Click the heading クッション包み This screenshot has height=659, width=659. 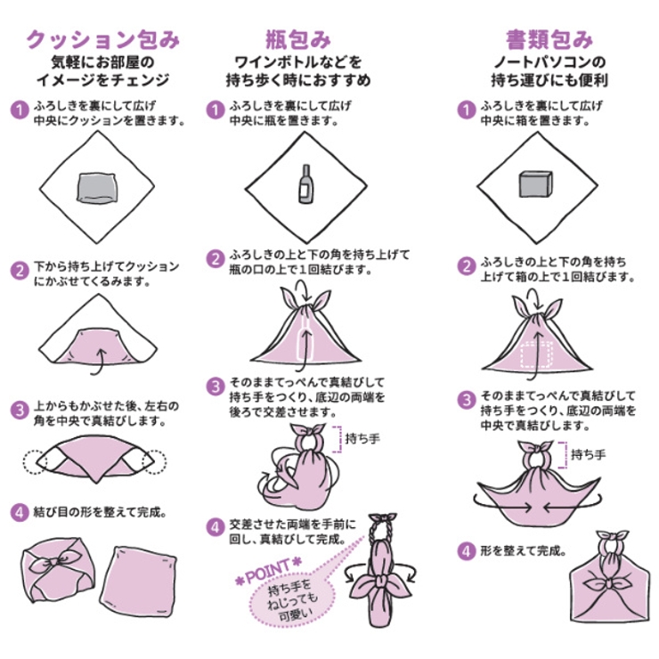pyautogui.click(x=103, y=39)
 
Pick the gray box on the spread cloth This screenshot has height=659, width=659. pyautogui.click(x=536, y=184)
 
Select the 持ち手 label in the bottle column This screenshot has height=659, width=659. pyautogui.click(x=363, y=438)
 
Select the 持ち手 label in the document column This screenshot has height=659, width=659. pyautogui.click(x=588, y=453)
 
